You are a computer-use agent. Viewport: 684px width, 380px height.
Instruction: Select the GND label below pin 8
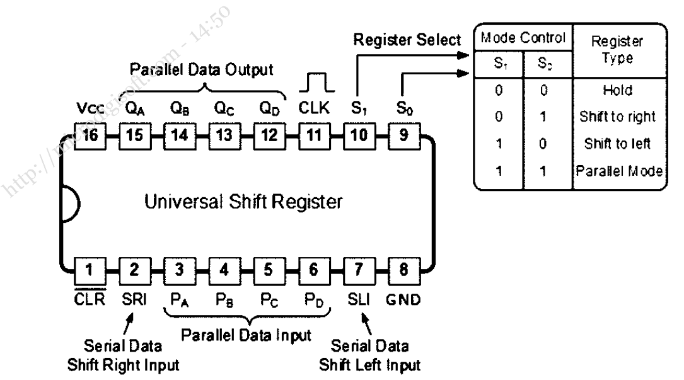pyautogui.click(x=402, y=298)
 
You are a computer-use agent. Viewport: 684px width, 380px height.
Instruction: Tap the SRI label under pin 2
pyautogui.click(x=134, y=298)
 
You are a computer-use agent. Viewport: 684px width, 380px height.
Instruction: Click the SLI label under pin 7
pyautogui.click(x=357, y=298)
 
